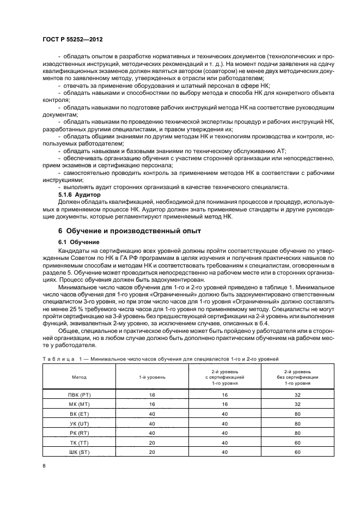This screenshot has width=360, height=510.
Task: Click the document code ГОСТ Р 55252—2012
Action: tap(72, 40)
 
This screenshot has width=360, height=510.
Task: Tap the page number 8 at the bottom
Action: tap(44, 465)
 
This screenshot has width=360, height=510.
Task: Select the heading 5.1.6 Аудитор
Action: tap(80, 194)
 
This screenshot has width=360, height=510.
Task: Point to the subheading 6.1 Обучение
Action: tap(78, 242)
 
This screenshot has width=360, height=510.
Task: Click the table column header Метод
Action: tap(79, 377)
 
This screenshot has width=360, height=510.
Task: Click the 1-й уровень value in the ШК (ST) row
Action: tap(151, 452)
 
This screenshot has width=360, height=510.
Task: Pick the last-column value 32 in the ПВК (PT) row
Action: tap(297, 394)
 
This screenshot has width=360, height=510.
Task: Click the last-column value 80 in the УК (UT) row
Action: tap(297, 423)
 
